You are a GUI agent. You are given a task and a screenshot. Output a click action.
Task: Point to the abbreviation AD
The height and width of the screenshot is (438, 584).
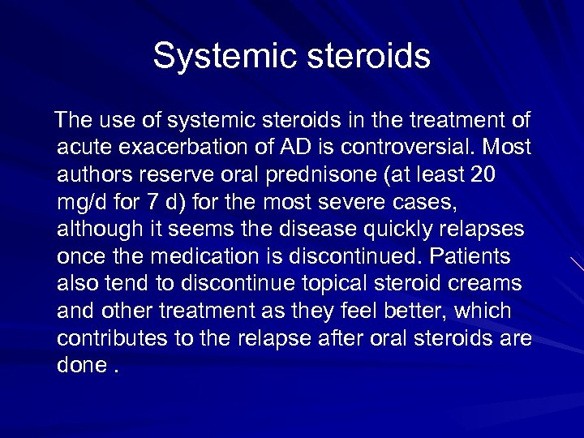pos(290,148)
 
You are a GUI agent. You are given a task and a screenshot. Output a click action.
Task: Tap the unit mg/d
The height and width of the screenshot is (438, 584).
pos(84,203)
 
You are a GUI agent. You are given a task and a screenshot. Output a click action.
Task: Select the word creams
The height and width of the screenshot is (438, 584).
pos(489,284)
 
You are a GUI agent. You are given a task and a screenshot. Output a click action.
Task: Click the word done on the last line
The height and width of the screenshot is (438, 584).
pos(80,365)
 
